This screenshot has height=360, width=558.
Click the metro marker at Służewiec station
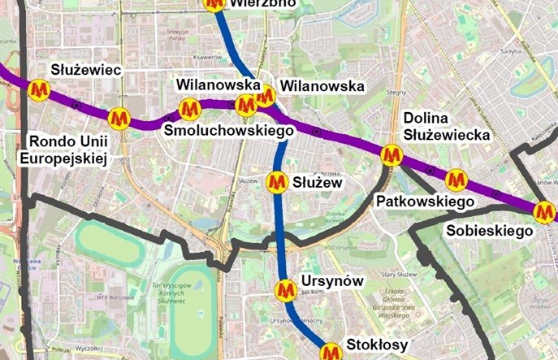point(38,90)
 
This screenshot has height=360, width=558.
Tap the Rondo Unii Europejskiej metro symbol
point(119,119)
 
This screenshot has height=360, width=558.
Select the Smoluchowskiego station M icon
point(189,108)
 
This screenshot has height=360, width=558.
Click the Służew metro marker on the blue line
point(278,180)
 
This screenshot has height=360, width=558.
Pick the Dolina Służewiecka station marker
point(392,154)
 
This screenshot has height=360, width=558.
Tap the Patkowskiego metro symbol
point(456,180)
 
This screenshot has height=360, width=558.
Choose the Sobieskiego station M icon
point(544,212)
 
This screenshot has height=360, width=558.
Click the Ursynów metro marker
point(285,289)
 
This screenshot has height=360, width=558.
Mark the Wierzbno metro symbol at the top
point(215,3)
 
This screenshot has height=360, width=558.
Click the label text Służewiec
point(85,71)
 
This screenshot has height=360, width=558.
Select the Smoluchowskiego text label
point(228,130)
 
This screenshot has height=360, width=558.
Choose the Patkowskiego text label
point(424,201)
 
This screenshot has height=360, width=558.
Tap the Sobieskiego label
point(490,231)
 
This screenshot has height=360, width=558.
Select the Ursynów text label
point(331,281)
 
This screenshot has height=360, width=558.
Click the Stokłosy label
point(377,345)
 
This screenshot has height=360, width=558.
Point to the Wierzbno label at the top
point(263,3)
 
